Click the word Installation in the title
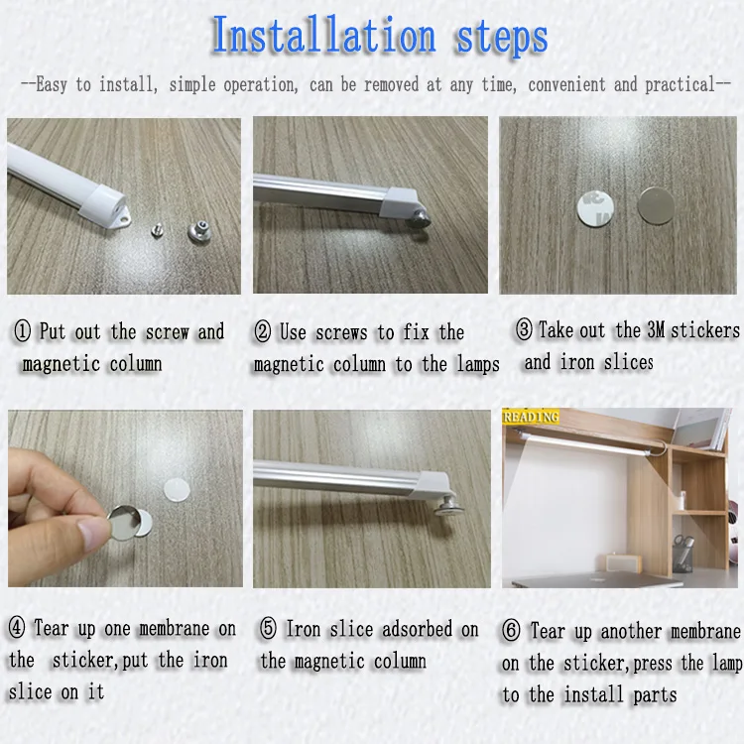(x=323, y=34)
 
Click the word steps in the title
(x=502, y=37)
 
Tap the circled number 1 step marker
(x=22, y=330)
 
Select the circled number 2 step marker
(x=263, y=331)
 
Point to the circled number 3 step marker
(x=524, y=329)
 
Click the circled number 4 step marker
(x=17, y=628)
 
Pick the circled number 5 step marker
(x=268, y=628)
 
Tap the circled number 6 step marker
(x=511, y=631)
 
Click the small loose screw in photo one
(x=158, y=230)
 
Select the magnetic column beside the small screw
(x=199, y=231)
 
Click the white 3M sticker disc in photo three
(x=595, y=208)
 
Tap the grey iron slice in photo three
(x=656, y=206)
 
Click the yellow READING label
(x=531, y=416)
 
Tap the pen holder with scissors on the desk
(x=682, y=553)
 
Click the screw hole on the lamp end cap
(x=124, y=219)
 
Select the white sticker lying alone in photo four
(x=177, y=490)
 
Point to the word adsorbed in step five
(x=417, y=629)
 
